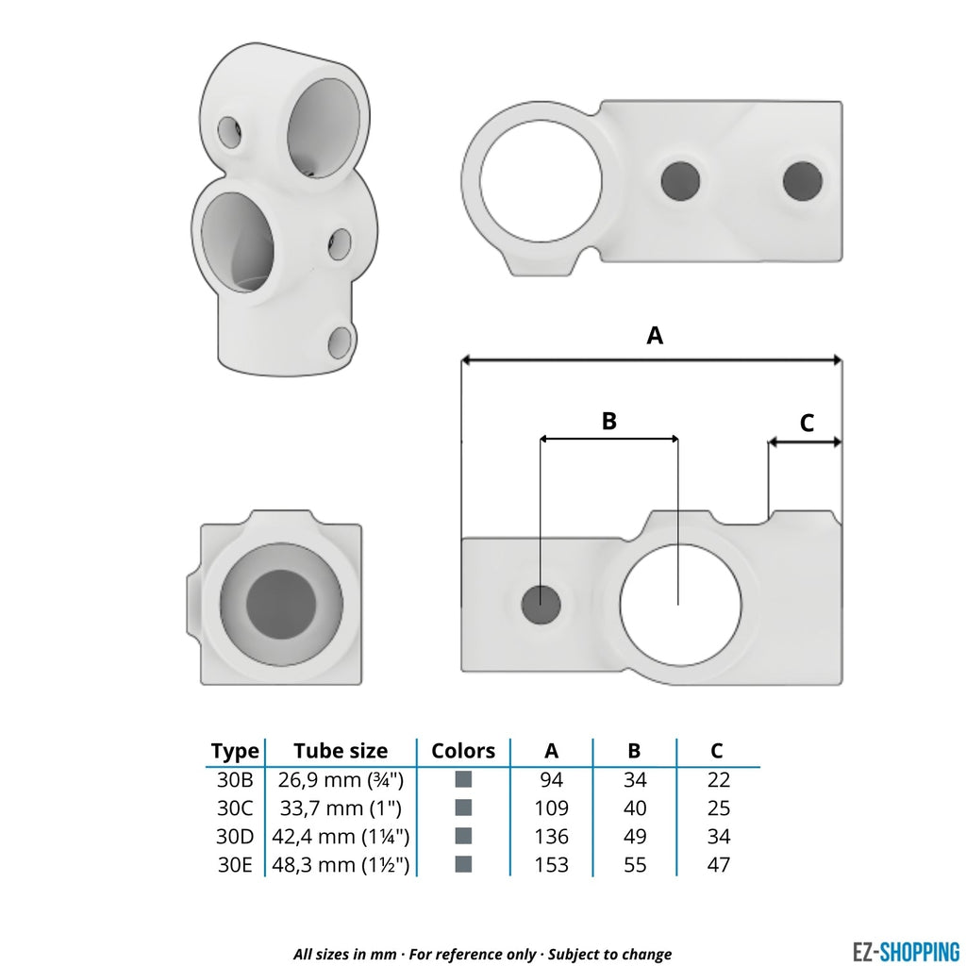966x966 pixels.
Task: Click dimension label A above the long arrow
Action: [654, 335]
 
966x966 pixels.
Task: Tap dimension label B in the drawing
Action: [609, 421]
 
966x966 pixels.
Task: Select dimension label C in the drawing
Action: [807, 424]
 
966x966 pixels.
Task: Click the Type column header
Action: [235, 751]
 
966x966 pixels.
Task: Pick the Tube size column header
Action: [341, 751]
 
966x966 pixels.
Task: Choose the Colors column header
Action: [463, 751]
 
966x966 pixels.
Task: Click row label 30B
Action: [235, 780]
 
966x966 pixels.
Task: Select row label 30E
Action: [235, 864]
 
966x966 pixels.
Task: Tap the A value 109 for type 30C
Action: [552, 808]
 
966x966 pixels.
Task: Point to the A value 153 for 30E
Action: [552, 864]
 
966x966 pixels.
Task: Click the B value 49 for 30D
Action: [635, 837]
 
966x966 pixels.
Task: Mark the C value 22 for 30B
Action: [718, 780]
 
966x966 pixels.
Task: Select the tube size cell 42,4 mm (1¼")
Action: [341, 837]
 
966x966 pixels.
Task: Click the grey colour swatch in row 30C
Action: [463, 808]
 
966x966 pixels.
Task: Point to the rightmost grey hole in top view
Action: [802, 180]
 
